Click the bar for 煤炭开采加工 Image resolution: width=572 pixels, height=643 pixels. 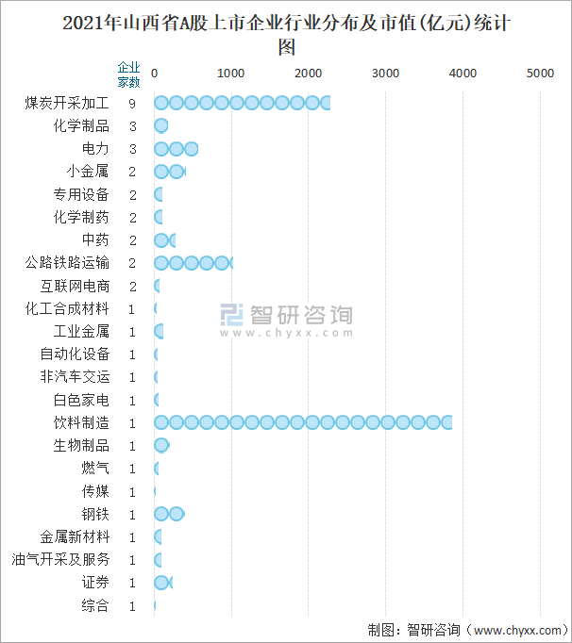pos(242,103)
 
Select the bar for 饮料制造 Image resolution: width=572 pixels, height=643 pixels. pos(302,422)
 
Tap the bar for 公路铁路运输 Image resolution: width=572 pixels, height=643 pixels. pos(193,263)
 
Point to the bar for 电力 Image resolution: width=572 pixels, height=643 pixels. pos(176,149)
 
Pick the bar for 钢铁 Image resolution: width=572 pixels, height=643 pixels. pos(169,514)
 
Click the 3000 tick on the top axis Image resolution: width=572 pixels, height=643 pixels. pos(385,73)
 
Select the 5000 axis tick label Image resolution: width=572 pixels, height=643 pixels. pos(539,73)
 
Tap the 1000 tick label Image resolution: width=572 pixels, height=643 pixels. pos(231,73)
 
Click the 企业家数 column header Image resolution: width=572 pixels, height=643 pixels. pos(128,74)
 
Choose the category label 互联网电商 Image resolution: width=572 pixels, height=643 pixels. pos(76,286)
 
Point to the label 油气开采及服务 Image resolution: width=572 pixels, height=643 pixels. pos(60,559)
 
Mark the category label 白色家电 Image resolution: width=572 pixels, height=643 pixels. pos(81,400)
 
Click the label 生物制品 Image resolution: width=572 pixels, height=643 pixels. pos(81,445)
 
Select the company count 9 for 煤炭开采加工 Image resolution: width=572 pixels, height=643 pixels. pos(133,103)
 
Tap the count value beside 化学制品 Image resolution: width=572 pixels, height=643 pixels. pos(133,126)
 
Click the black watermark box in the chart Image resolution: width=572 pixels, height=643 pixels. pos(286,321)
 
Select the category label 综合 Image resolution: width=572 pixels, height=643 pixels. pos(95,605)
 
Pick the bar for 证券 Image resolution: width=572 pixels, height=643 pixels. pos(162,583)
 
